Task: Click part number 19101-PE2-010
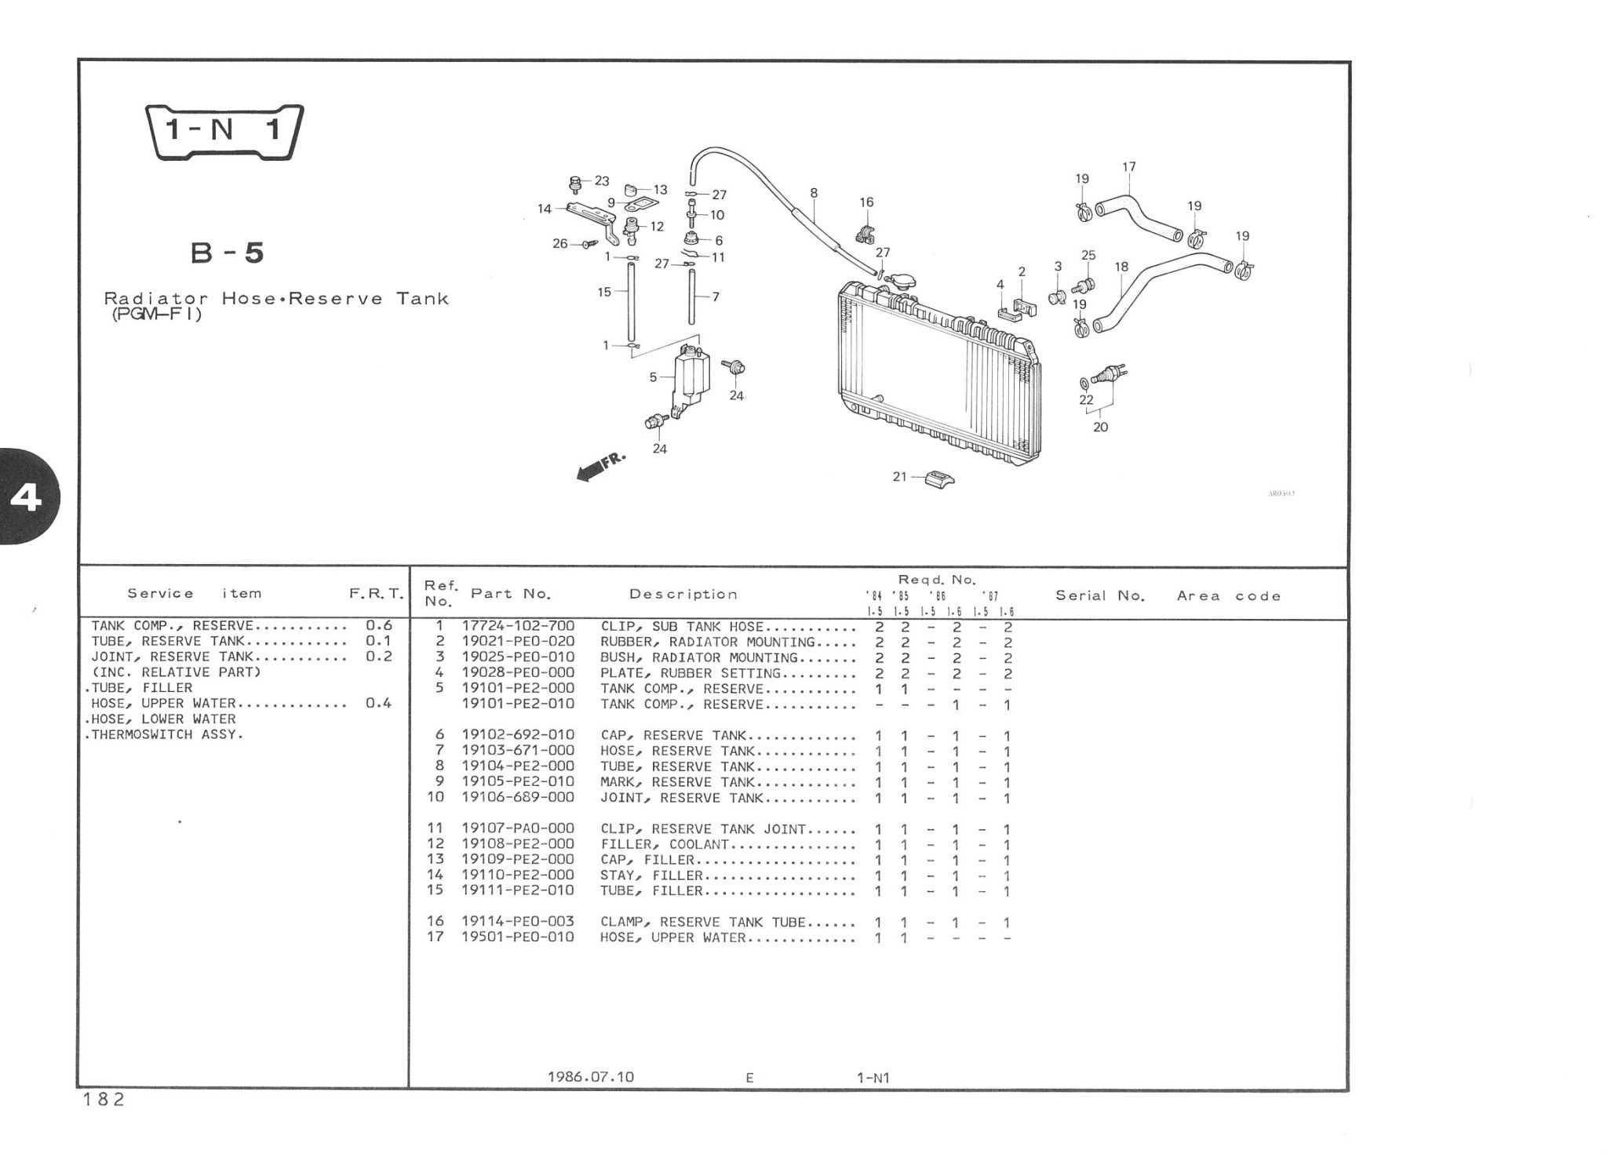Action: tap(518, 704)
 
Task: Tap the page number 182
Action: tap(104, 1100)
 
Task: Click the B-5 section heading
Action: tap(228, 253)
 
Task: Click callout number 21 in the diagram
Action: tap(899, 476)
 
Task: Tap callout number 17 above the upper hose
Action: tap(1128, 167)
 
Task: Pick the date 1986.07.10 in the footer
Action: tap(590, 1077)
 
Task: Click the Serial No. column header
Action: tap(1100, 595)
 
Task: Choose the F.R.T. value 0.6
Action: tap(378, 625)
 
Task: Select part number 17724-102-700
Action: tap(518, 626)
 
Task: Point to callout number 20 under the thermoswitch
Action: tap(1100, 427)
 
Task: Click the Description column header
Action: tap(683, 594)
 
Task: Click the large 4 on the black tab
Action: tap(26, 497)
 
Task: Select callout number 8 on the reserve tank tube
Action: tap(814, 192)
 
